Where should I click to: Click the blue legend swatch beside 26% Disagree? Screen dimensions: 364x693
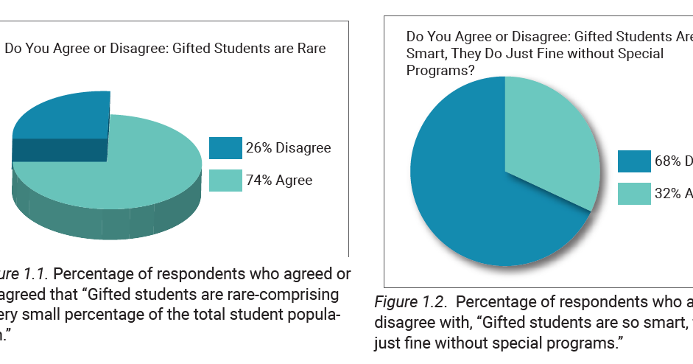point(225,148)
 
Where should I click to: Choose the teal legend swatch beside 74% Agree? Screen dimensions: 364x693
point(225,181)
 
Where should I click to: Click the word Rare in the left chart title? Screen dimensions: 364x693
point(310,49)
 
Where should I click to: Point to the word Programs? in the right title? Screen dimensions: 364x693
point(440,71)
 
